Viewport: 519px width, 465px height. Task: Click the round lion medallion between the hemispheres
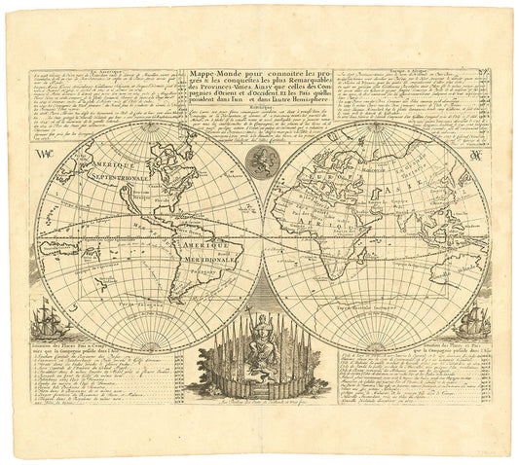[x=259, y=161]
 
